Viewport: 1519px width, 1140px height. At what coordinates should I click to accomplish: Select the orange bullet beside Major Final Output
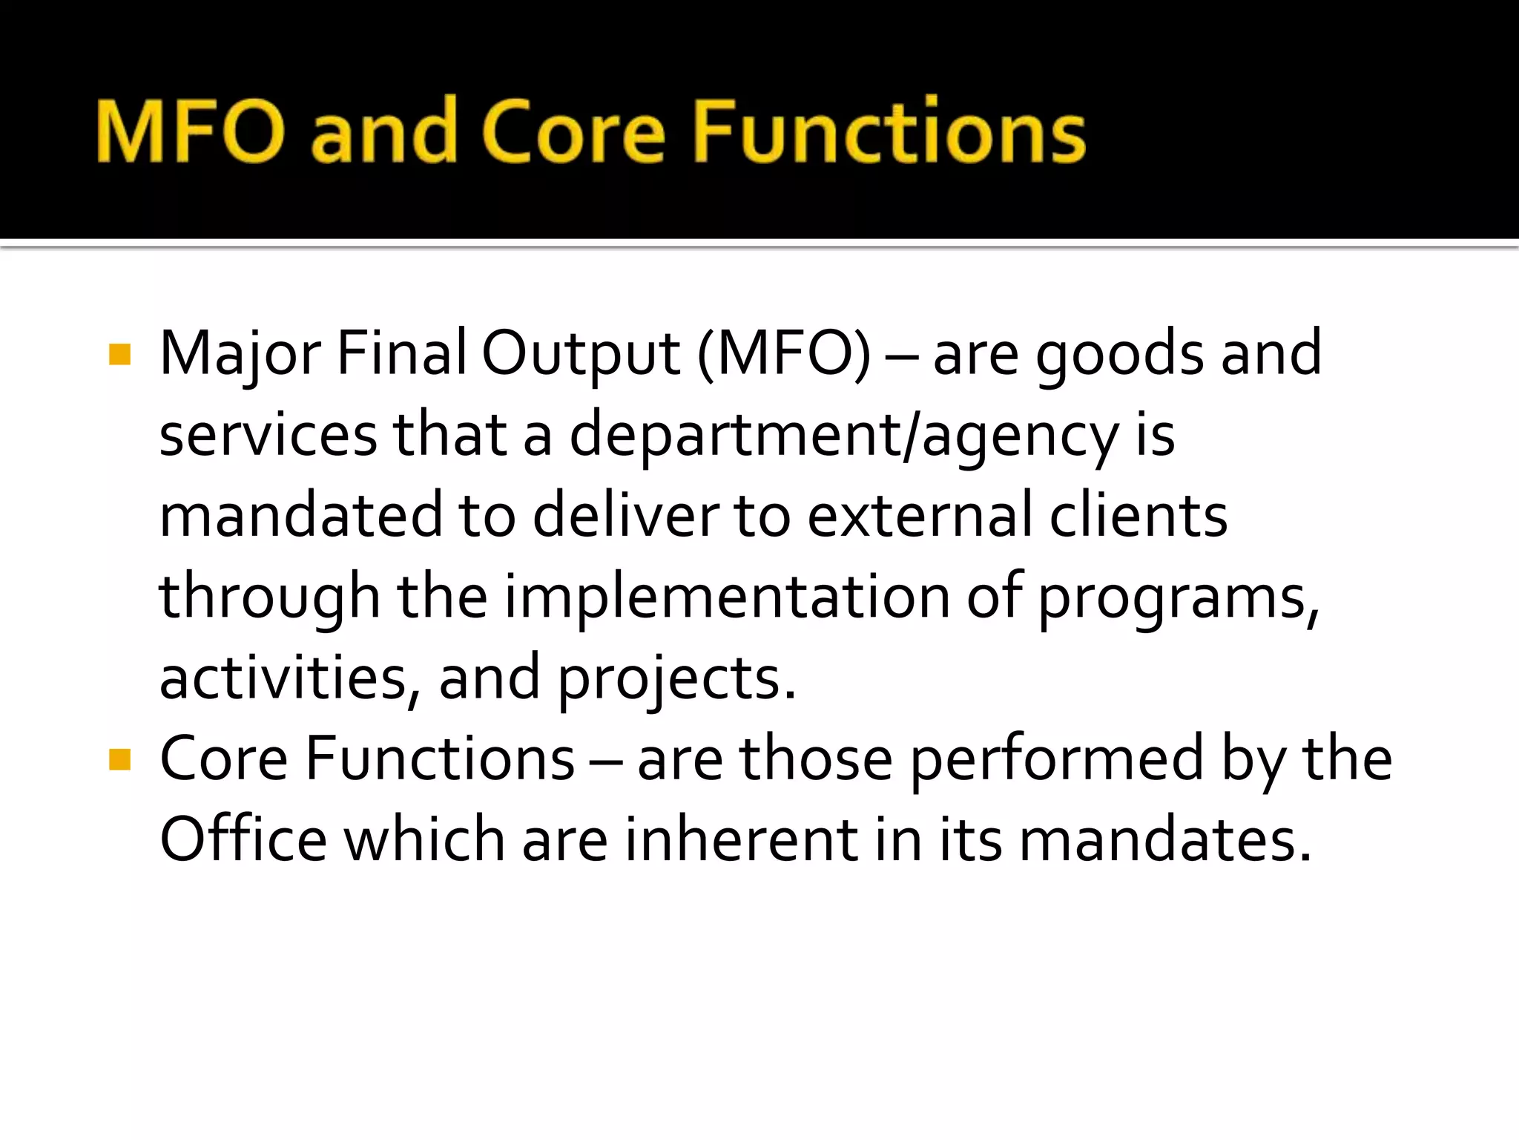[119, 354]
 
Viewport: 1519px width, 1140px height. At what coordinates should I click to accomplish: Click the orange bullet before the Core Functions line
[119, 759]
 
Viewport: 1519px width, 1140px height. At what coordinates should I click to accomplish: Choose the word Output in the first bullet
[581, 355]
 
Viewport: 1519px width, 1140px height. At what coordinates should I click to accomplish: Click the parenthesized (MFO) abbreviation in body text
[784, 355]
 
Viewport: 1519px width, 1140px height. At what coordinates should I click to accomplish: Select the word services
[268, 436]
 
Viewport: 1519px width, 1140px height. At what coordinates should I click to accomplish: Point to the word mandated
[300, 516]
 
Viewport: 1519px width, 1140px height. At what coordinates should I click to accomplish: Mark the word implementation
[727, 598]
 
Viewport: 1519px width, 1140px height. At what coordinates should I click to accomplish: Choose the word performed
[1057, 760]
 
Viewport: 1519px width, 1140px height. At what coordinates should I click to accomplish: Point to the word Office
[243, 840]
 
